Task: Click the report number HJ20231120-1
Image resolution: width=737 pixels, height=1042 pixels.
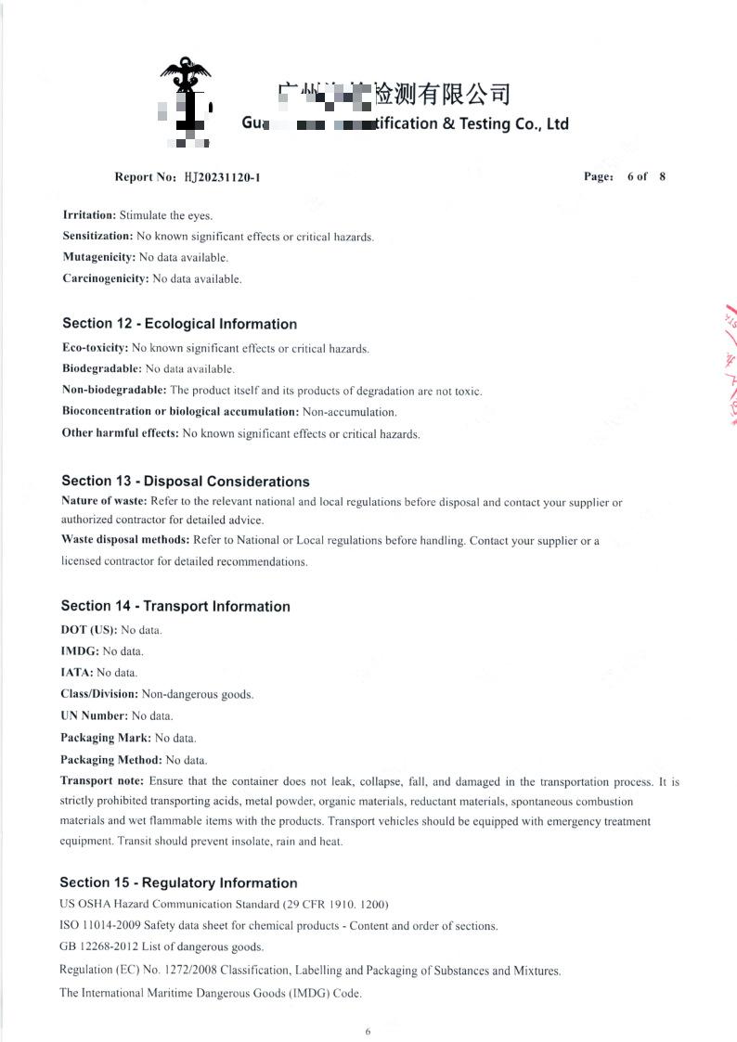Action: click(x=222, y=176)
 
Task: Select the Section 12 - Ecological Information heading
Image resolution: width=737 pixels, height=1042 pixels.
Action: click(x=179, y=324)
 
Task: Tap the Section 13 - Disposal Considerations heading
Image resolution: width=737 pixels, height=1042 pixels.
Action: click(x=185, y=481)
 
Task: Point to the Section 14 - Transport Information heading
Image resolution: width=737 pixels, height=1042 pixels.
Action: click(x=175, y=606)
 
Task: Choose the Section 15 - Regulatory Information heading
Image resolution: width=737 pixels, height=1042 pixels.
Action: click(x=178, y=882)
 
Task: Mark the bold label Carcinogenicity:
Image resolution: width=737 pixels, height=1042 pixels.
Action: click(x=105, y=278)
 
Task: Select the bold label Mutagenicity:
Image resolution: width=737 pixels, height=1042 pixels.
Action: click(x=98, y=257)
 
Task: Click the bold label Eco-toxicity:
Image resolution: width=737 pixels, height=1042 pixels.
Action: click(x=95, y=348)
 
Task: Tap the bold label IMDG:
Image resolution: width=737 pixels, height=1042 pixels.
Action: click(x=79, y=651)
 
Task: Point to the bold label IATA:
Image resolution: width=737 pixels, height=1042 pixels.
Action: click(x=77, y=673)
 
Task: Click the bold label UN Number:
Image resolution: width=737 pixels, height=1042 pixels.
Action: click(x=94, y=715)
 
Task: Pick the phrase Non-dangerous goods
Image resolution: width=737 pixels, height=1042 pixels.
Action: click(x=197, y=694)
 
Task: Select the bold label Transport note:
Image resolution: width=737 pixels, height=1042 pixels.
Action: click(x=102, y=781)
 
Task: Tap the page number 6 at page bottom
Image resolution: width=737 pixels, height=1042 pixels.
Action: click(x=368, y=1031)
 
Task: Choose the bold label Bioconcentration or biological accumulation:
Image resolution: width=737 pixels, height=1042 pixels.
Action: click(x=180, y=411)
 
